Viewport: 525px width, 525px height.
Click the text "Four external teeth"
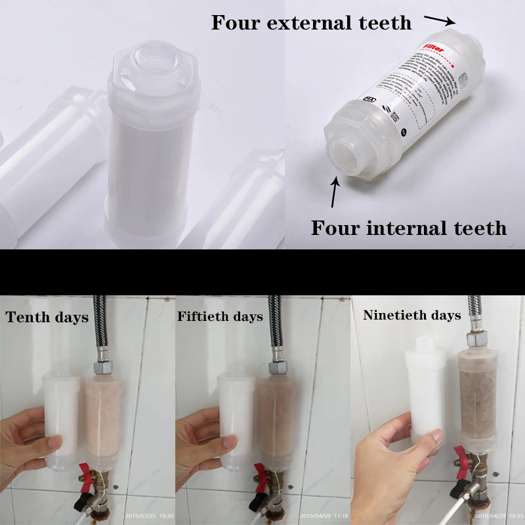311,23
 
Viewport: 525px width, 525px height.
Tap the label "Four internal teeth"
408,228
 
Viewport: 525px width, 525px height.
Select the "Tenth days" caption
47,318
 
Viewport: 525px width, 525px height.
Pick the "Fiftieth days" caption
220,316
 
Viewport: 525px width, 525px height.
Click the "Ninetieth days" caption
411,315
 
